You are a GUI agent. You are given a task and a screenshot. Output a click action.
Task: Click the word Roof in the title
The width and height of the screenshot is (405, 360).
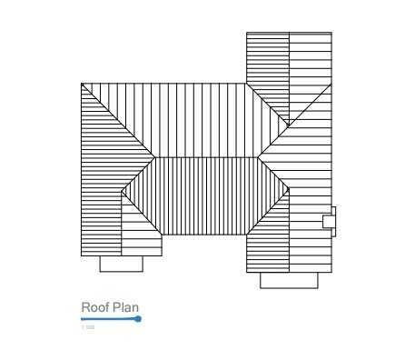click(x=94, y=308)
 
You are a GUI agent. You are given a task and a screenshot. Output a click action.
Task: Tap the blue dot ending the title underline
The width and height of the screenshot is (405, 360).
click(x=138, y=319)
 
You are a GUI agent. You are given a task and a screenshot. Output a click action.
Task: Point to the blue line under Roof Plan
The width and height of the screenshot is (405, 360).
click(x=109, y=319)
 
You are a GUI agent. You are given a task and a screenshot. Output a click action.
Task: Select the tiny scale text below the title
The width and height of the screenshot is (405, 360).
click(x=87, y=327)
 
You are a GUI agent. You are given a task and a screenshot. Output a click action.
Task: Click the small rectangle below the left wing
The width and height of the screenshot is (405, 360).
click(x=121, y=264)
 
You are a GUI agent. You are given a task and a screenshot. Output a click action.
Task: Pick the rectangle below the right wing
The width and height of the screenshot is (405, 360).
click(x=289, y=280)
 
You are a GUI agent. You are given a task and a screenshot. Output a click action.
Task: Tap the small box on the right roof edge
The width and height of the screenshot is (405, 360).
click(x=330, y=221)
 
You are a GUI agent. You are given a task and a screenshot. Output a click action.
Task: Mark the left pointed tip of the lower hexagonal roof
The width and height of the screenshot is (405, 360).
click(x=123, y=193)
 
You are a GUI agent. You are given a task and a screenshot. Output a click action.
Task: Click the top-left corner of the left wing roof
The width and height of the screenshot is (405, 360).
click(x=82, y=85)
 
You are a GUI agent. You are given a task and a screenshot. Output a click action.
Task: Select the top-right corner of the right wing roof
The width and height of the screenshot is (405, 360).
click(x=331, y=34)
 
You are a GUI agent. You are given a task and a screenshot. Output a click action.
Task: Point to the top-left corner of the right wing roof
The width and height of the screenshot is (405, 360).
click(x=247, y=34)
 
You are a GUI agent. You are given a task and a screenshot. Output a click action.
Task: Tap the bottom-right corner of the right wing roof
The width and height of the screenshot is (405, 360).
click(x=331, y=271)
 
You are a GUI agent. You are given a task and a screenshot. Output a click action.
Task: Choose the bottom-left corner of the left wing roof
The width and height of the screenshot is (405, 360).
click(x=82, y=255)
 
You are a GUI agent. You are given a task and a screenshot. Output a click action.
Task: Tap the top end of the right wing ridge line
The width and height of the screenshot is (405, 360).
click(x=290, y=34)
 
